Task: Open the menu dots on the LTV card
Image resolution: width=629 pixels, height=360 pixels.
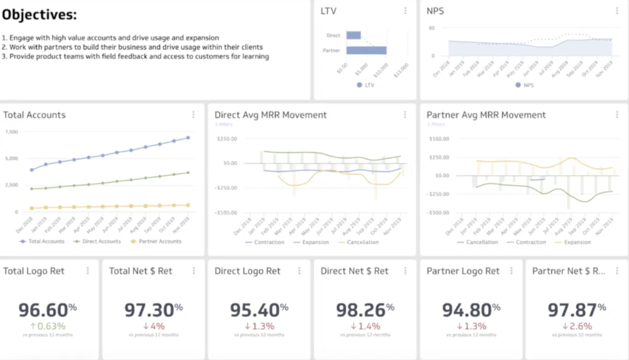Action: [405, 10]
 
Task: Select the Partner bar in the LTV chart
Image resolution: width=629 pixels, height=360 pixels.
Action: [366, 50]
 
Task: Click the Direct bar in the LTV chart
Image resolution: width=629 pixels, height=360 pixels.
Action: [353, 36]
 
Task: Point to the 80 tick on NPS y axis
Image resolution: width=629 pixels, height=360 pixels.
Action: [432, 28]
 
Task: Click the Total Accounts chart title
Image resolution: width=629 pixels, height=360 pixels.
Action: [34, 115]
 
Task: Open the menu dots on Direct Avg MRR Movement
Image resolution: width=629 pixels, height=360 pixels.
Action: [405, 115]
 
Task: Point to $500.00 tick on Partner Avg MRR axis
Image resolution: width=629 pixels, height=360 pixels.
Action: [437, 138]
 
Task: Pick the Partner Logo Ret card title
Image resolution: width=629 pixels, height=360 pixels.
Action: [463, 271]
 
